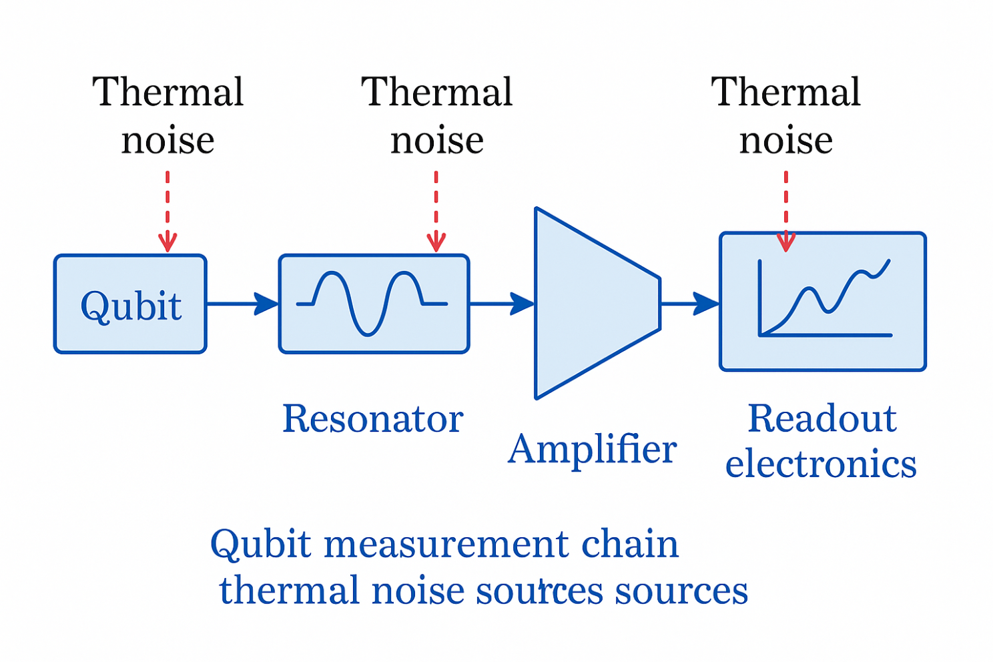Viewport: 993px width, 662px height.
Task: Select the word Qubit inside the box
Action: tap(131, 306)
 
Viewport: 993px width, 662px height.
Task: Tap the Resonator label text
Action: tap(372, 419)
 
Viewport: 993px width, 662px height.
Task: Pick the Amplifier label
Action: tap(592, 449)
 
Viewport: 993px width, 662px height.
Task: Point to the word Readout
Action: tap(821, 419)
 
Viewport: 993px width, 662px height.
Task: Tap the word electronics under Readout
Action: tap(821, 464)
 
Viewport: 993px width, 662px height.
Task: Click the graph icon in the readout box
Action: tap(825, 300)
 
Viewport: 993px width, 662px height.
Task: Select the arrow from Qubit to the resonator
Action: tap(242, 304)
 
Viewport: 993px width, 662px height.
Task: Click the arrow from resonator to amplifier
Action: tap(501, 304)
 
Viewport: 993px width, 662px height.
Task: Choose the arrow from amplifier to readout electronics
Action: tap(689, 304)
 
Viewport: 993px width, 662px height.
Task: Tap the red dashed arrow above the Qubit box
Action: tap(168, 211)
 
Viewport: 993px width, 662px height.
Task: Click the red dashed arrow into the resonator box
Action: tap(436, 211)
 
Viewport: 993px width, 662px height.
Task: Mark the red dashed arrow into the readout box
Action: tap(786, 211)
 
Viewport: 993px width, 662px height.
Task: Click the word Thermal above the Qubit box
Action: tap(168, 92)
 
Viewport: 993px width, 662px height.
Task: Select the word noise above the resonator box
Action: tap(437, 140)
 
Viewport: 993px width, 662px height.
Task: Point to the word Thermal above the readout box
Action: tap(785, 92)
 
